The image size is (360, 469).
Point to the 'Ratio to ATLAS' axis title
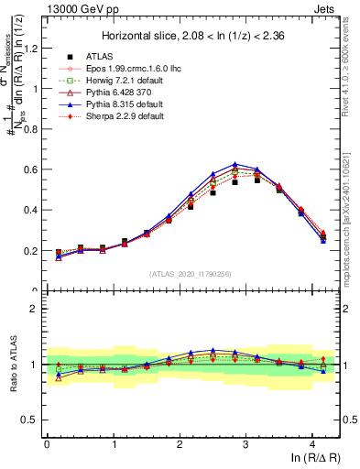pyautogui.click(x=11, y=365)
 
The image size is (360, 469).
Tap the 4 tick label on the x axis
pyautogui.click(x=312, y=442)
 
